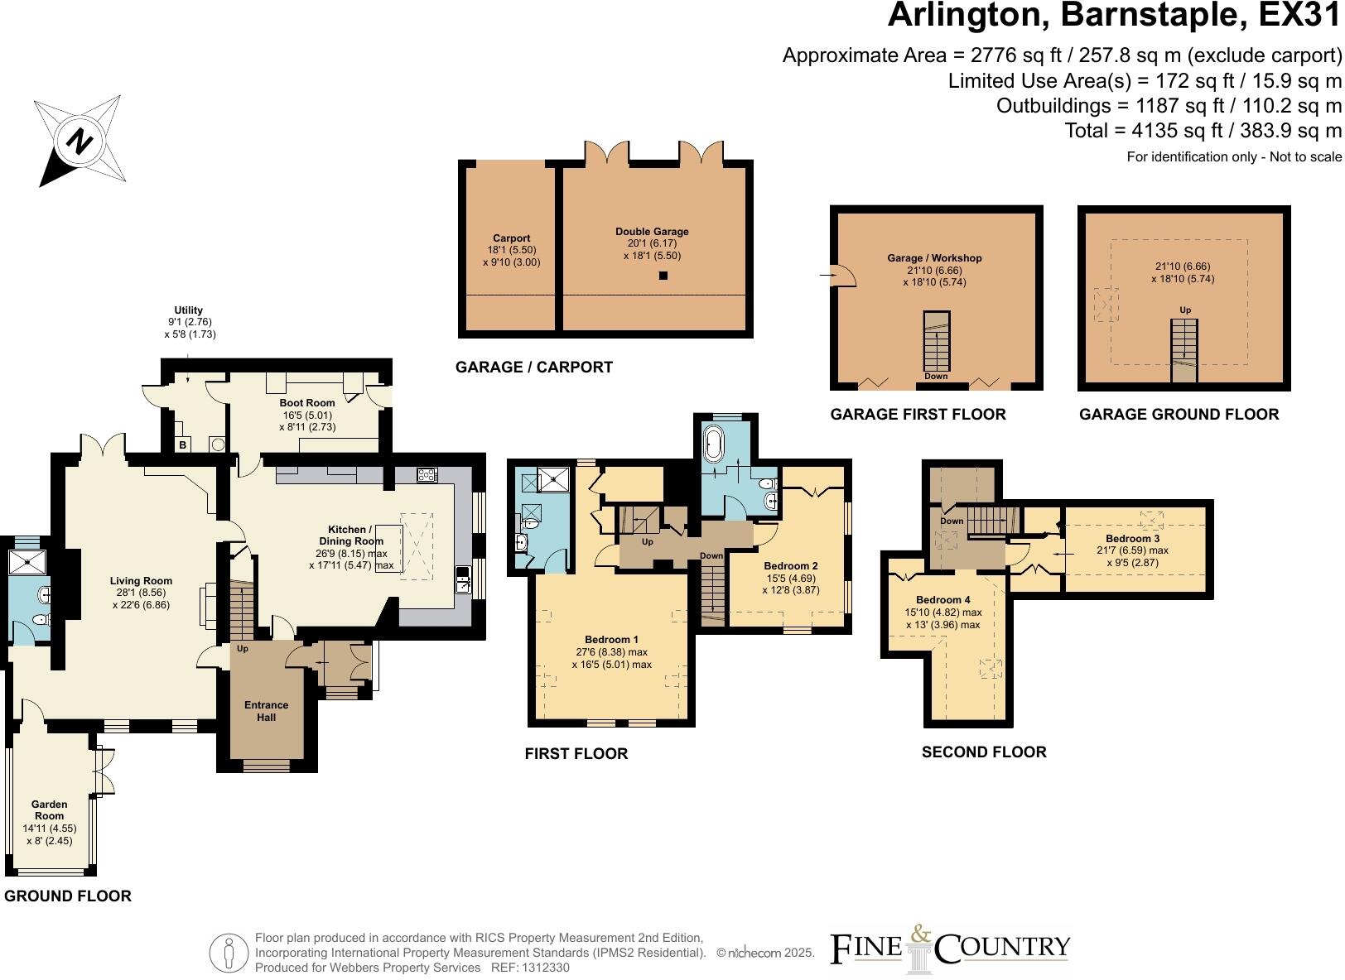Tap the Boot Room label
(307, 403)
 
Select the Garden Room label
(49, 809)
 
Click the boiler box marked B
(183, 445)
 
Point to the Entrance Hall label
(266, 711)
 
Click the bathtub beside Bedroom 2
(712, 444)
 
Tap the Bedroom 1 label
(611, 640)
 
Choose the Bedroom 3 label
(1132, 538)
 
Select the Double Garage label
(652, 232)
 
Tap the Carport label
(511, 238)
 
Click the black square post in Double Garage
(663, 276)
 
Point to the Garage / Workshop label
(934, 258)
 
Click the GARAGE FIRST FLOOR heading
(918, 414)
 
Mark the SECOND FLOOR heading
(984, 752)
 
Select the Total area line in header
(1203, 131)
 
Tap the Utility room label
(189, 310)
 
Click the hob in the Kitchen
(427, 475)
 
